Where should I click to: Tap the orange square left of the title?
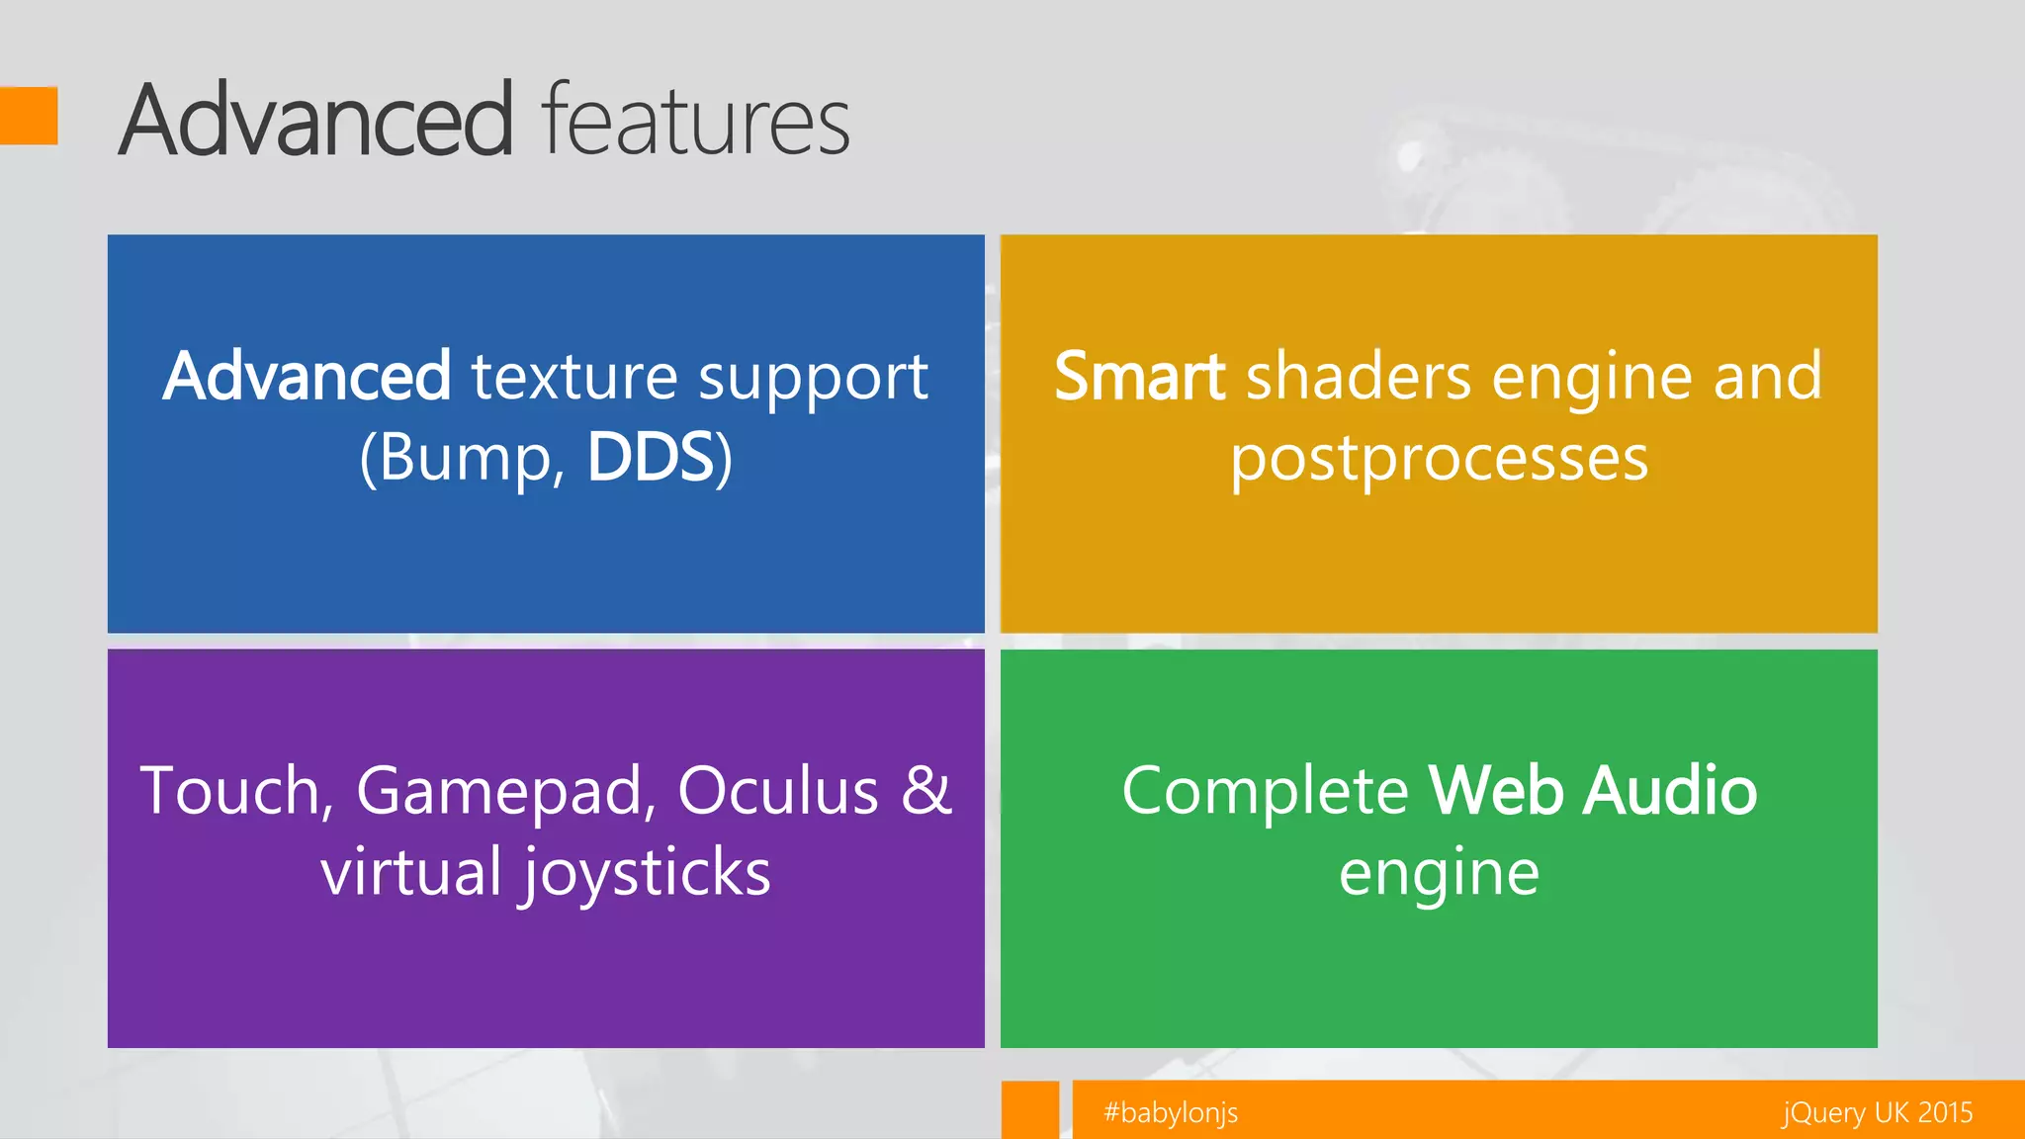coord(29,116)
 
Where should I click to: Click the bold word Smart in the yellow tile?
coord(1139,377)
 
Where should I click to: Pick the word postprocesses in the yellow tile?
coord(1439,459)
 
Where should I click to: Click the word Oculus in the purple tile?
coord(778,791)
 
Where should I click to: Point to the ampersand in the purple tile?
coord(926,791)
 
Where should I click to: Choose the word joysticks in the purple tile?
coord(647,874)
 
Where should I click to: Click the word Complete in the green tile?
coord(1265,791)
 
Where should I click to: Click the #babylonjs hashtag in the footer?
coord(1171,1113)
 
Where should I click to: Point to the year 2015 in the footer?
coord(1945,1113)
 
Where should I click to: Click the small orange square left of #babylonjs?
coord(1029,1109)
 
